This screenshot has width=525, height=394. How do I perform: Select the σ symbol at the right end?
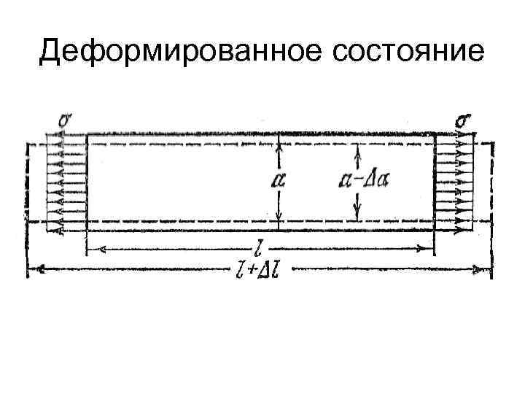(462, 120)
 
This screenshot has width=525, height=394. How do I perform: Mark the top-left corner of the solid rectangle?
(87, 134)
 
